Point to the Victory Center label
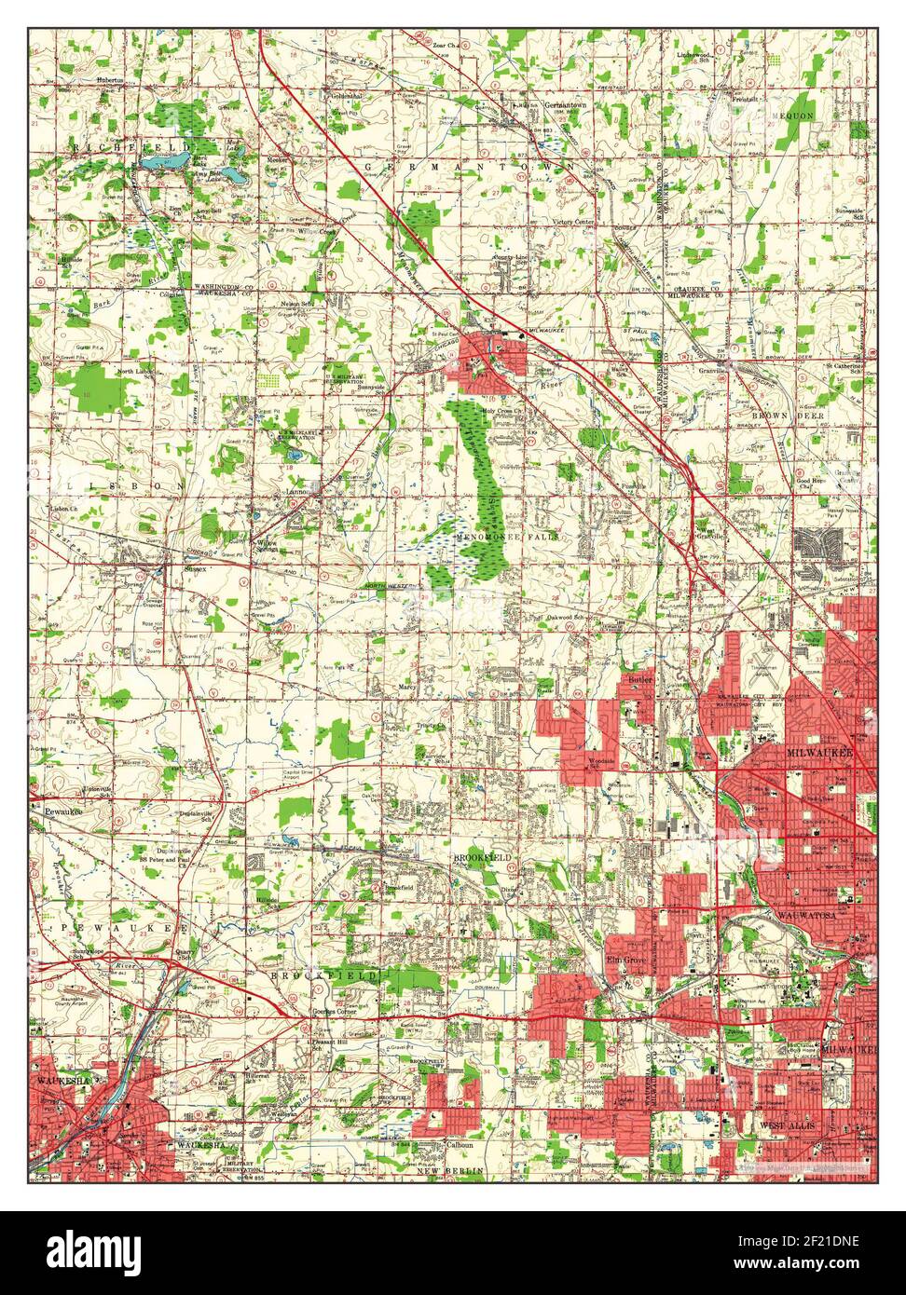coord(573,223)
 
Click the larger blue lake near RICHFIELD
coord(168,163)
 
